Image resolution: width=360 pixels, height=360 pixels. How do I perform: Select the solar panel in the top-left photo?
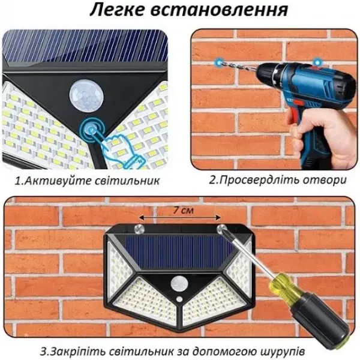[84, 45]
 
